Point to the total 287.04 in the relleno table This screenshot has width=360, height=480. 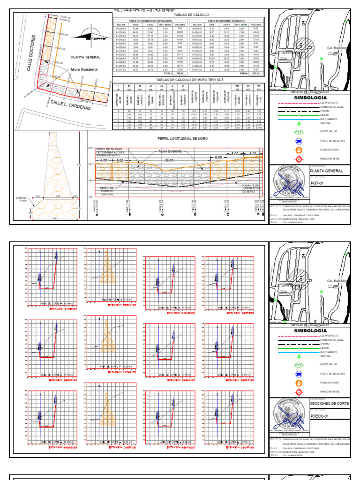tap(256, 74)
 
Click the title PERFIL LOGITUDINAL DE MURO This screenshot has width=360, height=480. tap(176, 139)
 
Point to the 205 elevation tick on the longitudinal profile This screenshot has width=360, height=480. tap(90, 148)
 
